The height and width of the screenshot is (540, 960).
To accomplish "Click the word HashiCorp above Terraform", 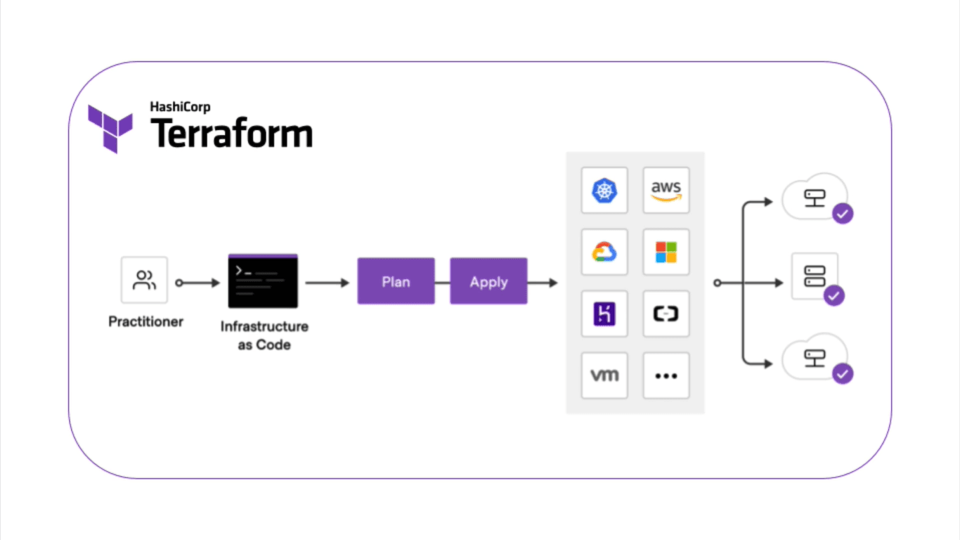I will [x=180, y=107].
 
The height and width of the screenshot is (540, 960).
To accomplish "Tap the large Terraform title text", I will [x=232, y=134].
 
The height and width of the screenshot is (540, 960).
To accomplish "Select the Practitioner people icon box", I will [x=144, y=280].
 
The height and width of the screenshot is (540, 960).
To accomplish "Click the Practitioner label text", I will [x=145, y=321].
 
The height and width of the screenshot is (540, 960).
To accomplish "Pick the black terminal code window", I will [x=263, y=281].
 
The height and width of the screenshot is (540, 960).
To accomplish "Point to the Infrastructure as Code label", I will [x=264, y=335].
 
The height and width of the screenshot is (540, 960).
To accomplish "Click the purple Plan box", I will [x=396, y=281].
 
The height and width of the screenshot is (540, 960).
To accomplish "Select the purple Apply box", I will [x=488, y=281].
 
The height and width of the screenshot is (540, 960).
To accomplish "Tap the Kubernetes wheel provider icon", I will [x=604, y=191].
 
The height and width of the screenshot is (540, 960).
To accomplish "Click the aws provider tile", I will [x=666, y=191].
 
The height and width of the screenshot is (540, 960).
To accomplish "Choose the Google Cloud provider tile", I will [x=604, y=252].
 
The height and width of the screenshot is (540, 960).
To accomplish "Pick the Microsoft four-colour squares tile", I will [x=666, y=252].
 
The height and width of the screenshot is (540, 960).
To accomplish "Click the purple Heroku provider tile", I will [x=604, y=314].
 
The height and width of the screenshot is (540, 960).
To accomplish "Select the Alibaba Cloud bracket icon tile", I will [x=666, y=314].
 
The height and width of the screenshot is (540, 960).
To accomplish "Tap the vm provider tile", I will [x=604, y=375].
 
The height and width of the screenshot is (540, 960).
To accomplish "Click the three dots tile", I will [x=666, y=375].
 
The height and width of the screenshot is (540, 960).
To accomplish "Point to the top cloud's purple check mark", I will [x=842, y=213].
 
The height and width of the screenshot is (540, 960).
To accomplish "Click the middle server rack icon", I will [x=814, y=275].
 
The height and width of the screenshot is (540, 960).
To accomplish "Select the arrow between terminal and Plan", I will [x=327, y=283].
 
